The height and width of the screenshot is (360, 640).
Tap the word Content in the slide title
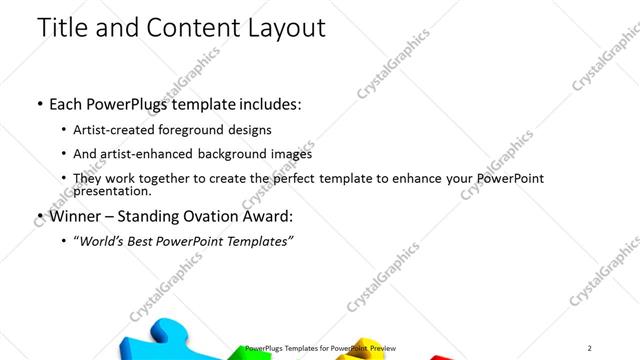click(x=189, y=28)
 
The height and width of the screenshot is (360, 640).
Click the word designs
click(x=250, y=130)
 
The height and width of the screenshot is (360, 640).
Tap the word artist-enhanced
click(x=150, y=154)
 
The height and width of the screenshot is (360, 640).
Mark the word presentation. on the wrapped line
click(x=112, y=191)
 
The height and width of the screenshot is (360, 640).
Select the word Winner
click(x=76, y=215)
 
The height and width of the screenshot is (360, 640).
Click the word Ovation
click(x=219, y=215)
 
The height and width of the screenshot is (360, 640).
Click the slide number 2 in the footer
click(x=589, y=348)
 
